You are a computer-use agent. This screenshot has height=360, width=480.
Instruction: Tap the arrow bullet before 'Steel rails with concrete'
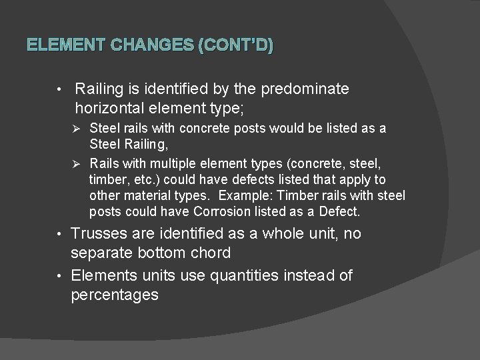(76, 127)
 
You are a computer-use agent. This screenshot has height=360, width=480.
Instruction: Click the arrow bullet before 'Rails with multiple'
(76, 163)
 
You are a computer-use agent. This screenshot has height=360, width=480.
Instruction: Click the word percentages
(115, 295)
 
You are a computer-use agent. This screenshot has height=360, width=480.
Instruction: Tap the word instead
(313, 275)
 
